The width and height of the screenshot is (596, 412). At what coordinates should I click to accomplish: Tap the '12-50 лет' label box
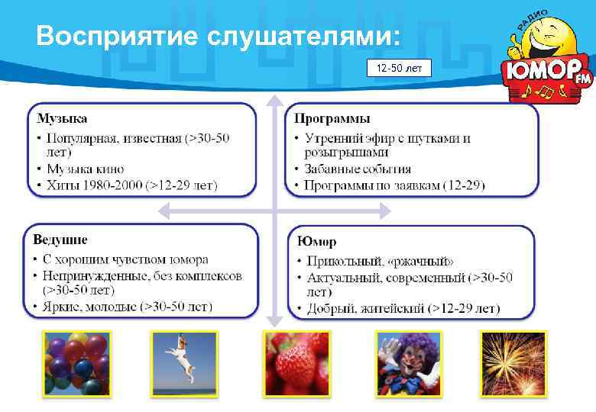[x=399, y=69]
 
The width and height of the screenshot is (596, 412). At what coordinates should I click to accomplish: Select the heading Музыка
[x=62, y=118]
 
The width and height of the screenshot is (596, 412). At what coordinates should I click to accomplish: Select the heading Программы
[x=332, y=118]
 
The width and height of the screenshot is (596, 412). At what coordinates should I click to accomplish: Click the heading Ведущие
[x=60, y=240]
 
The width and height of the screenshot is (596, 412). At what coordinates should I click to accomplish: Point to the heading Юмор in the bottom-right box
[x=317, y=242]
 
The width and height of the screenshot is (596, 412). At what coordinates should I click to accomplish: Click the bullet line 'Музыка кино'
[x=86, y=169]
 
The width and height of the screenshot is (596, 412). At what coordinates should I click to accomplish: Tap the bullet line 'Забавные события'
[x=358, y=169]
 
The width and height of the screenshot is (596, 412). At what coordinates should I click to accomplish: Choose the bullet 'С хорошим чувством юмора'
[x=125, y=260]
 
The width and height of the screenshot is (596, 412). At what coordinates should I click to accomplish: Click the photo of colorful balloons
[x=77, y=363]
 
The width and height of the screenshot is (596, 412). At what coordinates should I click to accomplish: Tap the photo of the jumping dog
[x=184, y=363]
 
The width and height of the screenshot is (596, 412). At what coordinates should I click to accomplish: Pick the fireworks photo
[x=513, y=363]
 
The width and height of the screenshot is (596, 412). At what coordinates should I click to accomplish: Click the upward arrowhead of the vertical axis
[x=274, y=101]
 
